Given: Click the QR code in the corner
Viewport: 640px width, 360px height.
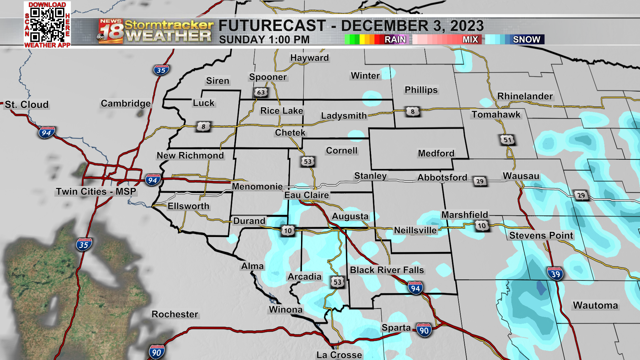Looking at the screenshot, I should point(47,24).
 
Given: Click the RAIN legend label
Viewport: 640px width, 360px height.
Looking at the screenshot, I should point(395,40).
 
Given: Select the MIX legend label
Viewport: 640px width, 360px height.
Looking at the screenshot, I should point(470,40).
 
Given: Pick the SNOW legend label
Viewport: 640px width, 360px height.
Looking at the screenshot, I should point(526,40).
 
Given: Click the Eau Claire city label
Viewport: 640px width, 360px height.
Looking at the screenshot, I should point(306,195).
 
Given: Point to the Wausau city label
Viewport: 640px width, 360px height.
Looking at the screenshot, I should point(521,176).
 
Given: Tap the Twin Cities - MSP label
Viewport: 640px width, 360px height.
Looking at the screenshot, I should point(96,192).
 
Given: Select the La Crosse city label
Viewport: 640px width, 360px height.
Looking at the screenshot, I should point(339,355).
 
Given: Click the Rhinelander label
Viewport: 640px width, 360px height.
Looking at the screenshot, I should point(525,96).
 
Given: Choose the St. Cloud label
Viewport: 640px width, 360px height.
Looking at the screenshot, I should point(27,105).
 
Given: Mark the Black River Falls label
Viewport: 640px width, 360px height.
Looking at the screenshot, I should point(387,270).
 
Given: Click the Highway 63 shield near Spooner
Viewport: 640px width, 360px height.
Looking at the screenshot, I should point(261,92).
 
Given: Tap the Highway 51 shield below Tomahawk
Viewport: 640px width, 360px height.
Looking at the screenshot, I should point(507,140).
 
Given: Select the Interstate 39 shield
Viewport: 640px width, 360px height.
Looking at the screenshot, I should point(555,274).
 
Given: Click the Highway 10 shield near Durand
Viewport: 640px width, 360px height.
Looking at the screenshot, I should point(288,231).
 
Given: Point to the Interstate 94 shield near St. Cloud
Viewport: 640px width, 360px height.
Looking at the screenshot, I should point(46,133).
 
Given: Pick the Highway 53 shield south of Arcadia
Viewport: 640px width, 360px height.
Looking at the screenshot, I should point(337,282).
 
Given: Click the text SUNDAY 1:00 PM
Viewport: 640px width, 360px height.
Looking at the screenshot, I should point(264,40).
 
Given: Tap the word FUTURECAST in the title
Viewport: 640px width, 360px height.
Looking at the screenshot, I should point(272,26).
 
